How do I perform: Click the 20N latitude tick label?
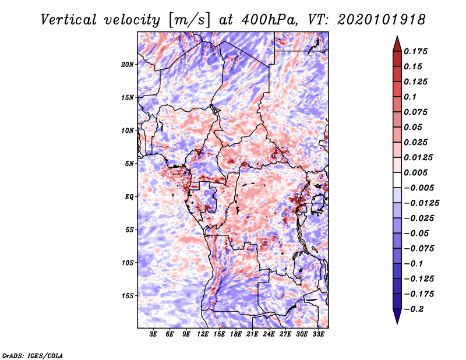click(128, 65)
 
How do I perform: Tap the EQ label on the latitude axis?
click(129, 197)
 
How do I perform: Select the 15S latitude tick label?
click(128, 296)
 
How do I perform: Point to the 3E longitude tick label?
click(153, 334)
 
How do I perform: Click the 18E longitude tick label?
click(236, 334)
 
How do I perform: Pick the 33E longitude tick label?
click(318, 334)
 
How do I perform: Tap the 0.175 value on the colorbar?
click(415, 51)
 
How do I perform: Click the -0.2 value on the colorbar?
click(414, 309)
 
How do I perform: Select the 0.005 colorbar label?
click(415, 172)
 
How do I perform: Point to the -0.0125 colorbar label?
click(421, 203)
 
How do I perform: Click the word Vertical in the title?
click(69, 20)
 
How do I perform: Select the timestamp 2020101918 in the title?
click(382, 20)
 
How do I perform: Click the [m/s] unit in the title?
click(189, 20)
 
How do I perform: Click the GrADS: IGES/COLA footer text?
click(33, 355)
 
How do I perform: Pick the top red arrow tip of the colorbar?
click(397, 36)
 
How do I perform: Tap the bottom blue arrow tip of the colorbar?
click(397, 324)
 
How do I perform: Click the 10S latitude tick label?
click(128, 263)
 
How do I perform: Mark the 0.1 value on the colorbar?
click(410, 97)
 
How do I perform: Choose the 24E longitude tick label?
click(269, 334)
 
